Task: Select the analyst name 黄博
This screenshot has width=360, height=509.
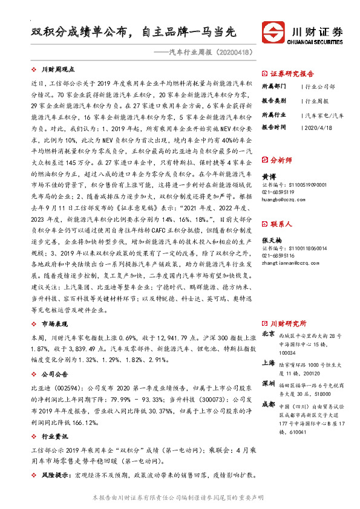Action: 270,176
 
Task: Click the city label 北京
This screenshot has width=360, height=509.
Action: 269,334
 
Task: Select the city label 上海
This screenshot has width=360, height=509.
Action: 269,363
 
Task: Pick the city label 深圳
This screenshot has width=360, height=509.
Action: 269,384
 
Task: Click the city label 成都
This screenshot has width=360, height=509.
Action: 269,405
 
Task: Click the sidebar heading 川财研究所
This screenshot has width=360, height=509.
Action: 288,323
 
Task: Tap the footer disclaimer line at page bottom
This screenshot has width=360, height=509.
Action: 180,497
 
